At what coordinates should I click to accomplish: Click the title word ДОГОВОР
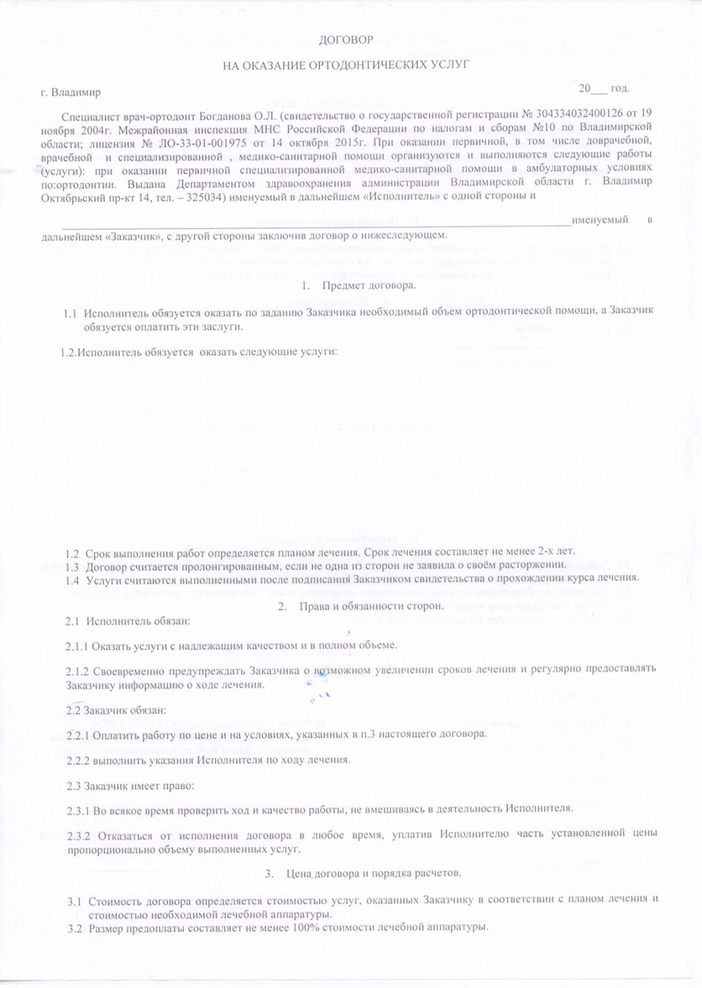(346, 40)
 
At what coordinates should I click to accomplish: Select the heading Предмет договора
(369, 285)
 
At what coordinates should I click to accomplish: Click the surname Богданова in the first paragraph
(219, 113)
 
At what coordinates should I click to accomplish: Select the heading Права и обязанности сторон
(371, 606)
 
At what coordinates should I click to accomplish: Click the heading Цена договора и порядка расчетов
(373, 873)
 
